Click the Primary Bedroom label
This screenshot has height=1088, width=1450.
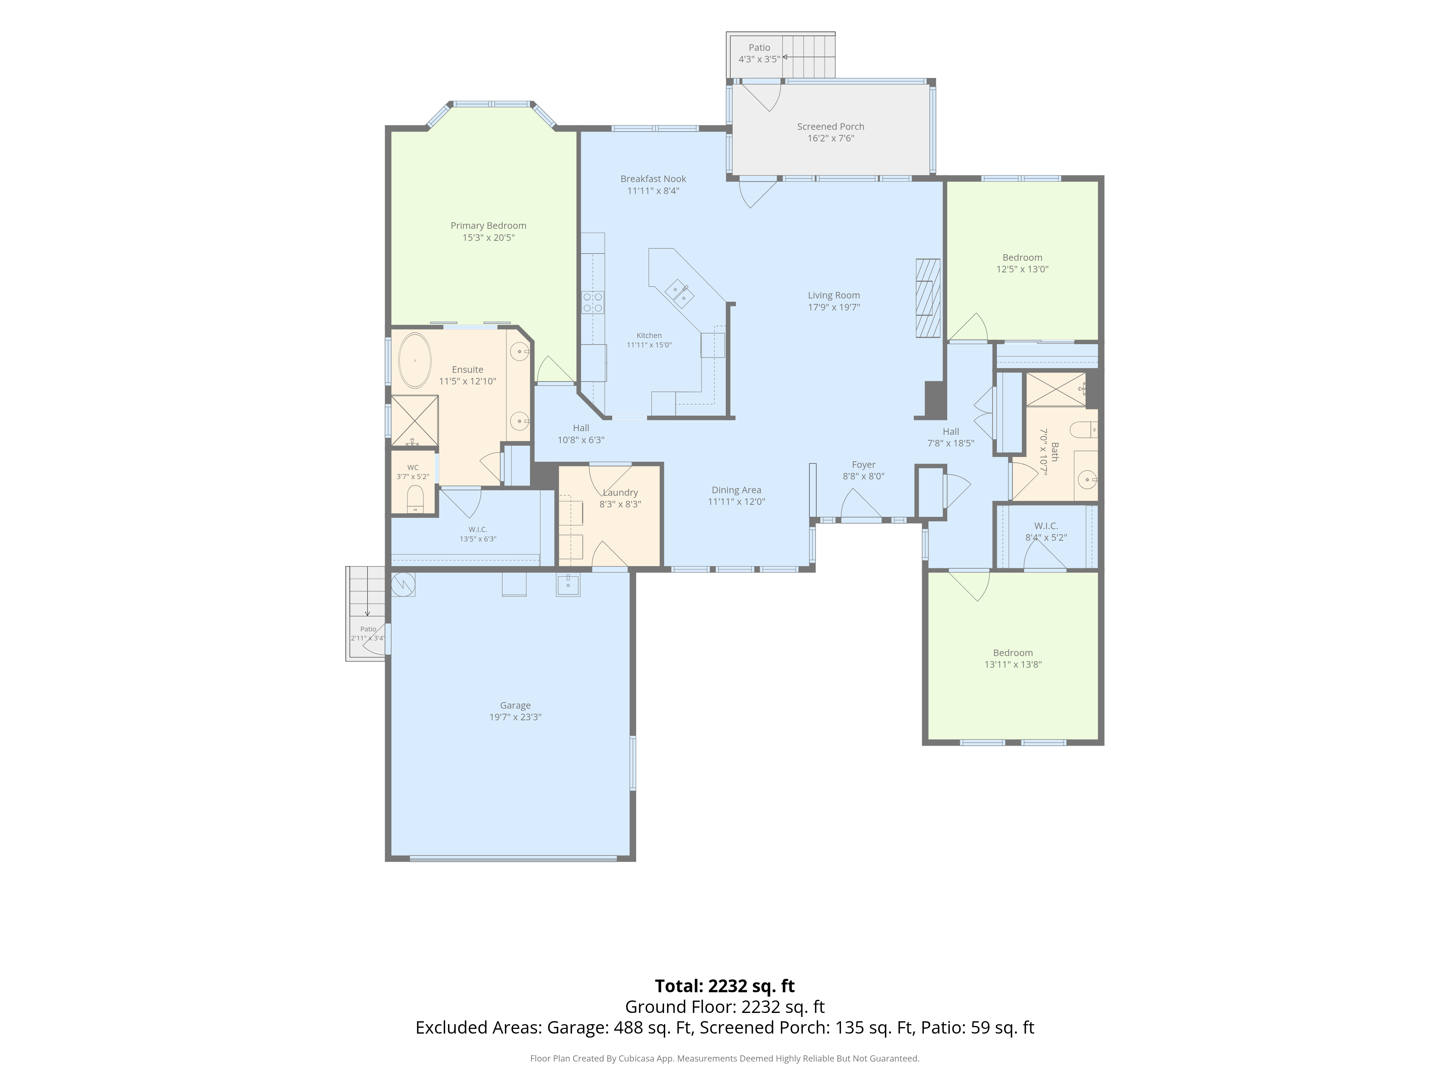[x=488, y=226]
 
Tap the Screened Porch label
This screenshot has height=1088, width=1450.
[x=830, y=127]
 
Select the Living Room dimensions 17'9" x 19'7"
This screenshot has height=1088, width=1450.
[x=834, y=307]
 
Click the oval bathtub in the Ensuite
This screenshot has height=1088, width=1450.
[x=415, y=361]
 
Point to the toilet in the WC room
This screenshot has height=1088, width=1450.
[x=415, y=498]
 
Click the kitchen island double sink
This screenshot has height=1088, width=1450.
[x=680, y=293]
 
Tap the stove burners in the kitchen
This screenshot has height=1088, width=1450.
[x=593, y=302]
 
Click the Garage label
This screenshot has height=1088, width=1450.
[x=515, y=706]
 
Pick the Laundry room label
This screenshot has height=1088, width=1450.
[x=620, y=493]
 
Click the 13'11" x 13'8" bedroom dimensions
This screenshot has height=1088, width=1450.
[x=1013, y=664]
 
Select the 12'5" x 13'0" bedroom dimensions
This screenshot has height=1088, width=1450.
[x=1023, y=269]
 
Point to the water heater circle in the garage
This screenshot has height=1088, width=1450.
[x=402, y=584]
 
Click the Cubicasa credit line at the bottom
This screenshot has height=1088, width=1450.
[x=725, y=1059]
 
